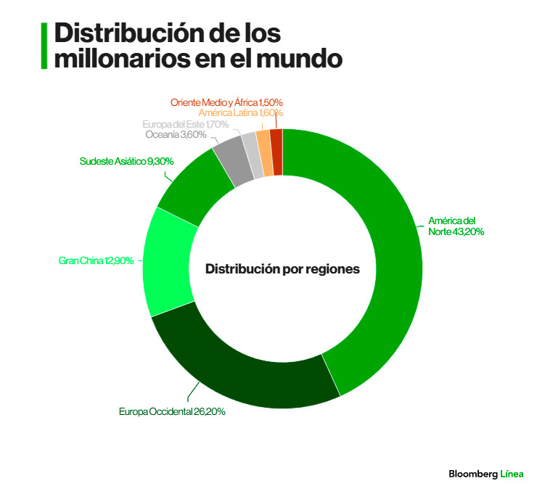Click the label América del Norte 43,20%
456,226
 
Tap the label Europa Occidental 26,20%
173,412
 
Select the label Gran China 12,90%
96,260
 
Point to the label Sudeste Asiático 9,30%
126,161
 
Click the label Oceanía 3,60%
176,135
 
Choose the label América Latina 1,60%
240,113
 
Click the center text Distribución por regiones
282,269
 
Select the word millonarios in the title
120,58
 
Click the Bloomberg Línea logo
485,474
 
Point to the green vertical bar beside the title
44,46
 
